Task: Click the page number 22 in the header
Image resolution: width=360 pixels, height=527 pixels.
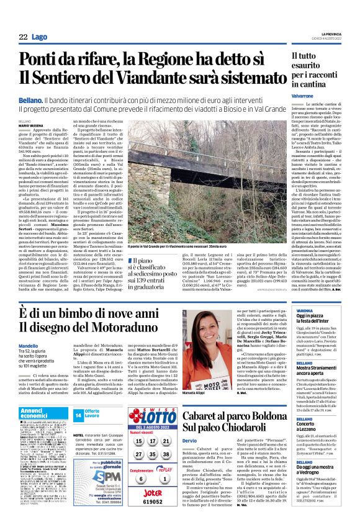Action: pyautogui.click(x=23, y=37)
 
